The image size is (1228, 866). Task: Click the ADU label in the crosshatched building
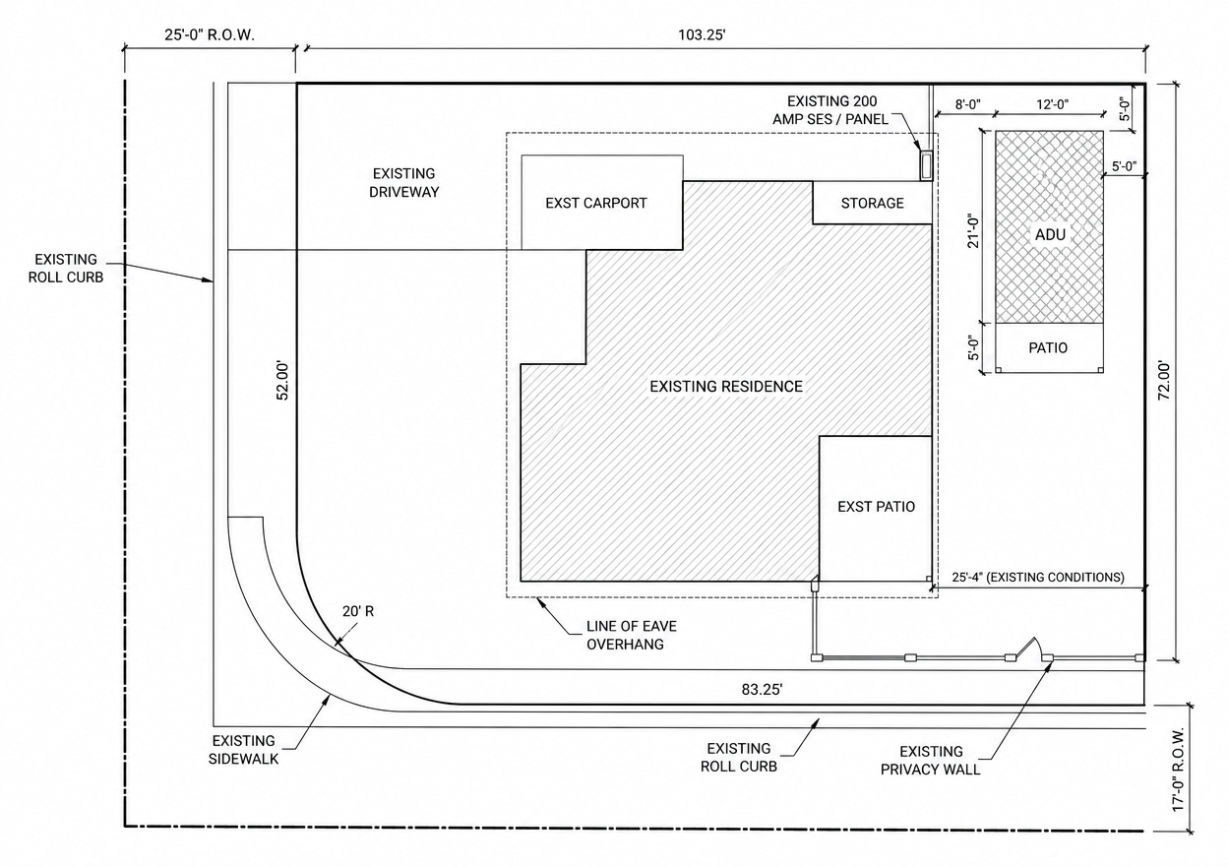[1050, 235]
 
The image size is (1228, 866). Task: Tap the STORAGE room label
[872, 203]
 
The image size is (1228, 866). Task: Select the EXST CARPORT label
[596, 203]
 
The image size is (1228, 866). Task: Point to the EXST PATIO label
[876, 506]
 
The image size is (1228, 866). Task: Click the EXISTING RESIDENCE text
[726, 387]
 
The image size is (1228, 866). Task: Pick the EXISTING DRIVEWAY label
[404, 183]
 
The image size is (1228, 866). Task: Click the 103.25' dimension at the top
[702, 35]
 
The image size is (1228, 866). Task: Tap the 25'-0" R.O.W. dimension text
[210, 35]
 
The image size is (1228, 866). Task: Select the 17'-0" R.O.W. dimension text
[1179, 770]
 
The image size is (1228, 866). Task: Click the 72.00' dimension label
[1163, 381]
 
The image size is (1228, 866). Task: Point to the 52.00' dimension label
[282, 381]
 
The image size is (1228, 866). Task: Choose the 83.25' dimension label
[762, 690]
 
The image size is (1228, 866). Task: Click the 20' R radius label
[358, 611]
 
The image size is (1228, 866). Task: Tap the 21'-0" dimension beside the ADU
[972, 230]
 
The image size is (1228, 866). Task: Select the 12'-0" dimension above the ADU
[1052, 104]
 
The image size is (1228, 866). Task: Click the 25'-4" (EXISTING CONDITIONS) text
[1038, 577]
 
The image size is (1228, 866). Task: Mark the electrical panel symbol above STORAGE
[926, 165]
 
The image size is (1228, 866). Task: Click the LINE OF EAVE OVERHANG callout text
[632, 635]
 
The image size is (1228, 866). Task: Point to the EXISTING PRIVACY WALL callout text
[930, 761]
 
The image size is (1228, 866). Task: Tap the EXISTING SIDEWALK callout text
[243, 750]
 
